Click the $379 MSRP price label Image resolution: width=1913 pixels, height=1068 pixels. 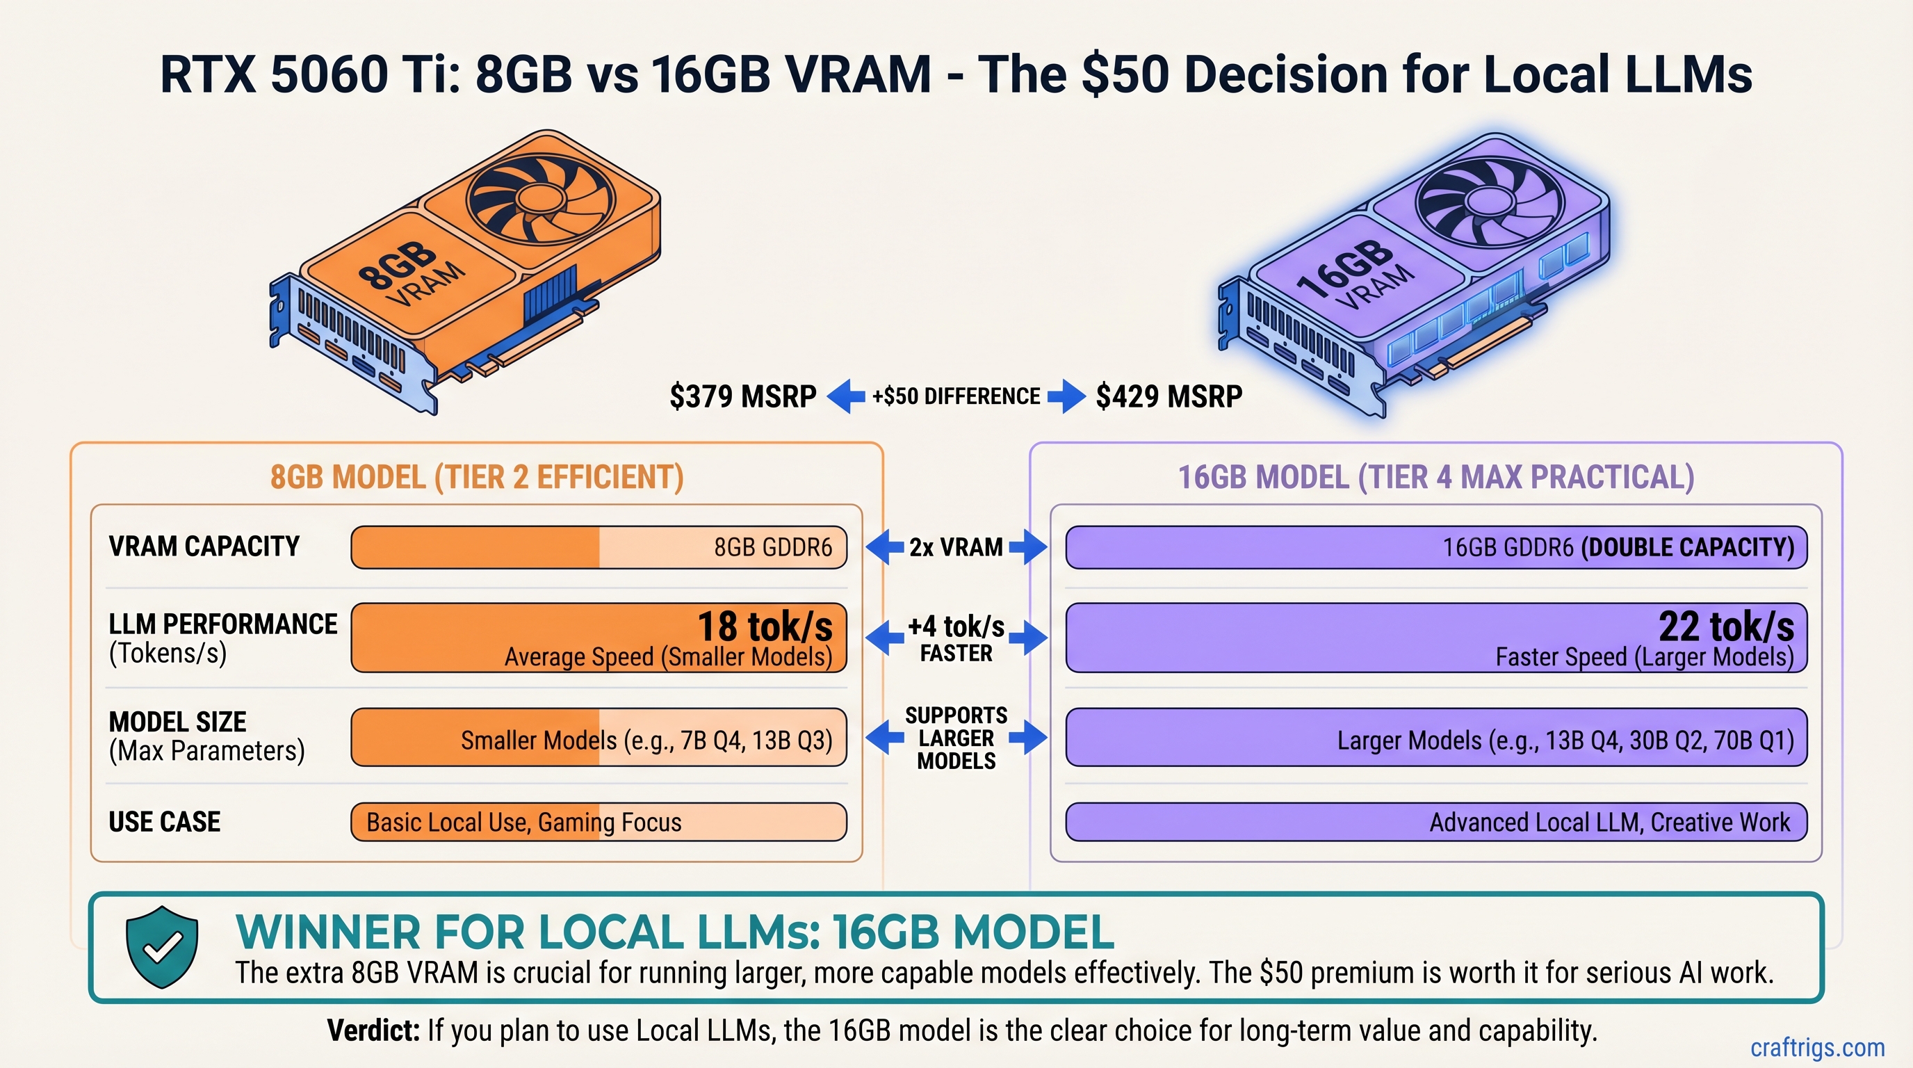click(x=742, y=396)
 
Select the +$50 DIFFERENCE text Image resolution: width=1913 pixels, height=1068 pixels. click(x=956, y=396)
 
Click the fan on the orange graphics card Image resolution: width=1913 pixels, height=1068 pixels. click(x=540, y=197)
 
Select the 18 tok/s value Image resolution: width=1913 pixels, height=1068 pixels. click(x=765, y=626)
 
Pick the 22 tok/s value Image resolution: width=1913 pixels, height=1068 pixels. click(x=1726, y=626)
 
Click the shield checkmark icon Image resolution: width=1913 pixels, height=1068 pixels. click(x=162, y=946)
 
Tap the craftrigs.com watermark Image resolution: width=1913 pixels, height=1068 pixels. click(x=1817, y=1047)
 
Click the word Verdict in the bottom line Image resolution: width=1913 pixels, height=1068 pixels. click(x=373, y=1030)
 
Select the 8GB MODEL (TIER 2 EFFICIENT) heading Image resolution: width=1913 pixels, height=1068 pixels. click(x=477, y=477)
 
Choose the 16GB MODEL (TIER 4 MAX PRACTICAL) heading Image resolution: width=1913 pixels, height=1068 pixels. click(x=1436, y=477)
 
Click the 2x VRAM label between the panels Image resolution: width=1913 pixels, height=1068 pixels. click(x=956, y=547)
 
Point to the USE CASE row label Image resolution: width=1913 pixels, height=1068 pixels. click(x=164, y=821)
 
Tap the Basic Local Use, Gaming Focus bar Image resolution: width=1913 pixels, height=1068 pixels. click(x=599, y=822)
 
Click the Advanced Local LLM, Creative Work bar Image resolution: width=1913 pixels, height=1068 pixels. click(x=1436, y=822)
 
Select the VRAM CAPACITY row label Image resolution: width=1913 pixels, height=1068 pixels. click(x=204, y=547)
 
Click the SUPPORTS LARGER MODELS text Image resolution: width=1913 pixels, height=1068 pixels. click(x=956, y=738)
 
